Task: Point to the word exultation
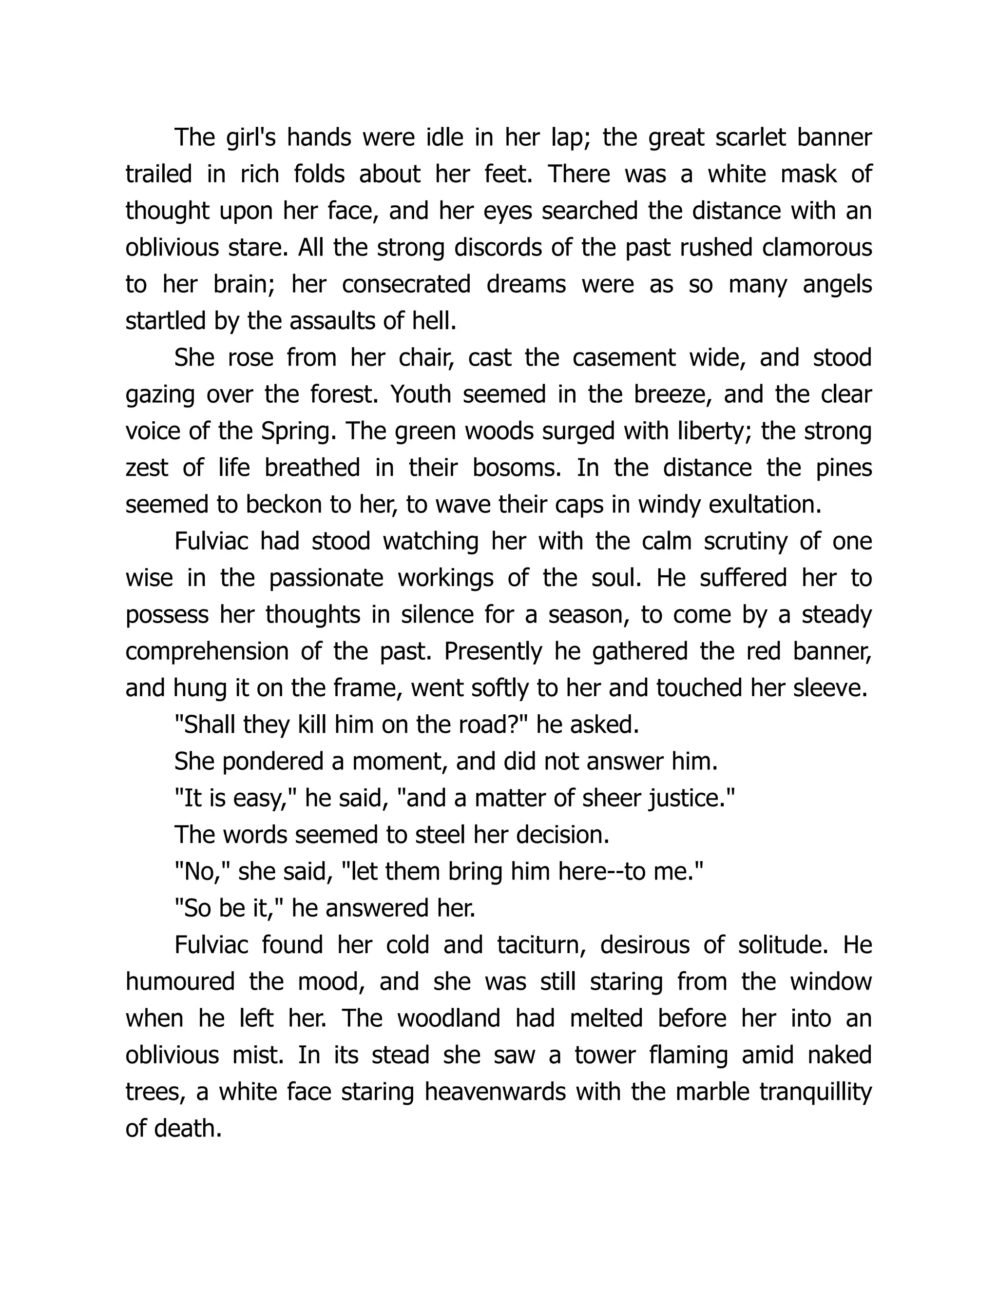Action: click(x=765, y=505)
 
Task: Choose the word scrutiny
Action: click(x=745, y=541)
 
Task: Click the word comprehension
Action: click(x=206, y=651)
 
